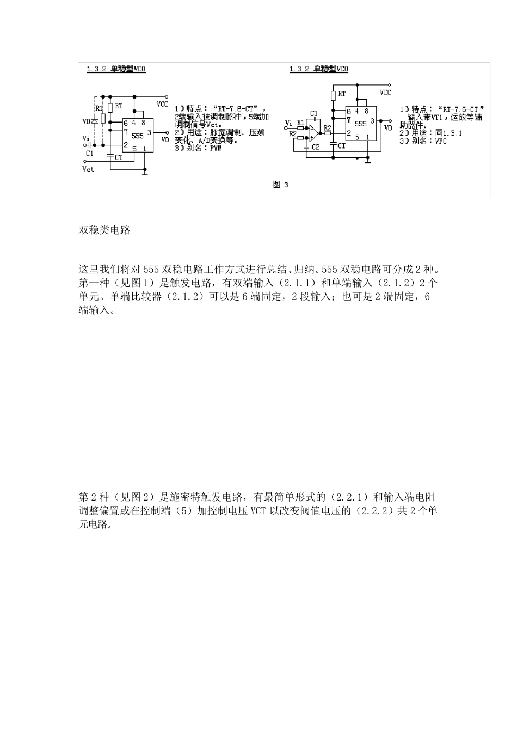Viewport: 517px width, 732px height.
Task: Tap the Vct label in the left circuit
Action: (88, 169)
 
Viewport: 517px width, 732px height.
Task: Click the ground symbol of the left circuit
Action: (145, 173)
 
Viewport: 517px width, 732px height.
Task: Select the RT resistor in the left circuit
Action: (110, 107)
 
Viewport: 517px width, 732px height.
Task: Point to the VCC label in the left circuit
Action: (162, 103)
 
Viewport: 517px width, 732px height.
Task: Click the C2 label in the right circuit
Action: (315, 147)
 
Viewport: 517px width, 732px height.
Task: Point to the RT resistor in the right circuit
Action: (334, 96)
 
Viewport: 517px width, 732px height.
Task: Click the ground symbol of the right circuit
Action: (368, 160)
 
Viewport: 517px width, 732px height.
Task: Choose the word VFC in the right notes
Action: (440, 141)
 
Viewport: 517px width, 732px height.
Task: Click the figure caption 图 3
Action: (280, 185)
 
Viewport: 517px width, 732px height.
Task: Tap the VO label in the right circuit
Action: (387, 127)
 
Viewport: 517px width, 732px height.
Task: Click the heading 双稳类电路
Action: (105, 230)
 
